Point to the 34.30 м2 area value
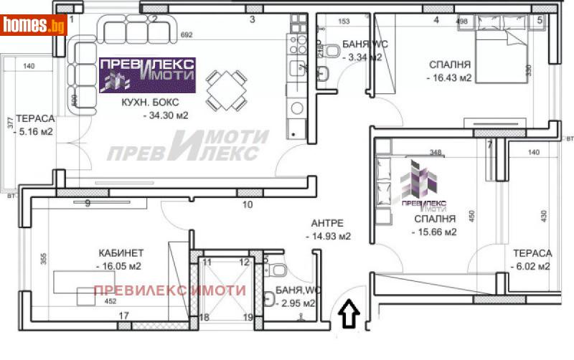click(166, 115)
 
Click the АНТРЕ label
click(327, 222)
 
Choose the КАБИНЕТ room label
click(122, 252)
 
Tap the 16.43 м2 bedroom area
click(448, 78)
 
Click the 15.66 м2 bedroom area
click(434, 232)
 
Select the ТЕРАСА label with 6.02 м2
click(532, 253)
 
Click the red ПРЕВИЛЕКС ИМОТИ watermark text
click(170, 290)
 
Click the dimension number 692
click(187, 34)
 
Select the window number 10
click(247, 204)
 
